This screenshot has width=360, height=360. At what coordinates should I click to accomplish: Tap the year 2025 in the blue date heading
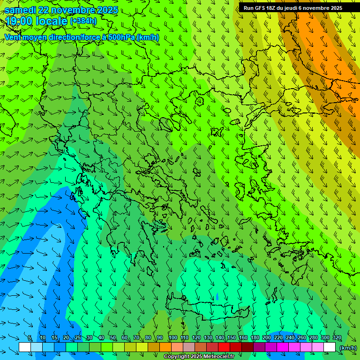click(x=106, y=10)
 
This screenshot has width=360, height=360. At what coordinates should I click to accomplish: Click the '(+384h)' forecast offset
click(x=83, y=21)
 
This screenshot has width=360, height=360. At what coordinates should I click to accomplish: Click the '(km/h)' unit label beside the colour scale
click(x=348, y=348)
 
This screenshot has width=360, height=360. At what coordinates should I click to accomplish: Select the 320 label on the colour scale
click(x=337, y=338)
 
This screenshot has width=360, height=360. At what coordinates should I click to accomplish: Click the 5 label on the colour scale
click(x=30, y=338)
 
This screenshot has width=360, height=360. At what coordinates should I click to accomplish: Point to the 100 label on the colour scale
click(x=172, y=338)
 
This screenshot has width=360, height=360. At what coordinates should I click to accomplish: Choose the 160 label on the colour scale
click(x=243, y=338)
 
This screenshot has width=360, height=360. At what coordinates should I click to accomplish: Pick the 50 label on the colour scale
click(x=113, y=338)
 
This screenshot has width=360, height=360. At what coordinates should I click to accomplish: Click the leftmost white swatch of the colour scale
click(x=25, y=347)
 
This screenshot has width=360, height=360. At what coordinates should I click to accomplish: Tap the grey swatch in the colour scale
click(x=189, y=347)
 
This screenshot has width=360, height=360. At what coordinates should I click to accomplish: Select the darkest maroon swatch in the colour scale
click(x=247, y=347)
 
